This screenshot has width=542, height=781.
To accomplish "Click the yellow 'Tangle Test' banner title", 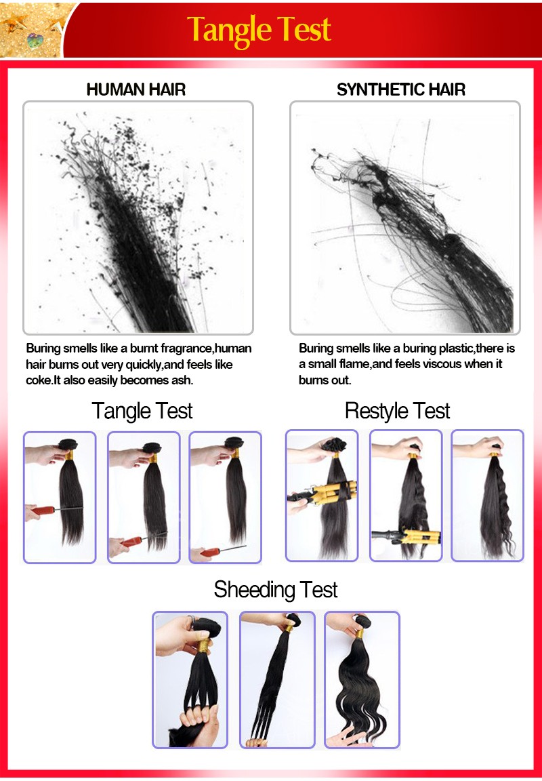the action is tap(259, 30).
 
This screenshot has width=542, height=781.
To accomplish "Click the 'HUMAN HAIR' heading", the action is tap(136, 89).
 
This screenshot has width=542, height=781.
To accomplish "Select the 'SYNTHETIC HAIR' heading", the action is tap(400, 89).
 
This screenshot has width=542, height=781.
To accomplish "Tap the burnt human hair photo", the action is tap(138, 218).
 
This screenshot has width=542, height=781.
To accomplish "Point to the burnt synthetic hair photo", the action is tap(404, 218).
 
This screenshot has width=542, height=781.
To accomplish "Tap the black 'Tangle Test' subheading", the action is tap(142, 412).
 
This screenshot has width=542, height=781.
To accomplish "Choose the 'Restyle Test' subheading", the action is tap(397, 412).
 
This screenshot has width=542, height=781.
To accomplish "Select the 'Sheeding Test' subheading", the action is tap(275, 590).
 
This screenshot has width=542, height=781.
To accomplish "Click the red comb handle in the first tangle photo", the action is tap(43, 510).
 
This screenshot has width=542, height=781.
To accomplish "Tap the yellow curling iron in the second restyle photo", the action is tap(421, 537).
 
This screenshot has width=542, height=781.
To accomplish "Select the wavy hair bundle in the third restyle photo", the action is tap(495, 506).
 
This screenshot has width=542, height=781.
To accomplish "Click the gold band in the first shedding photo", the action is tap(203, 646).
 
